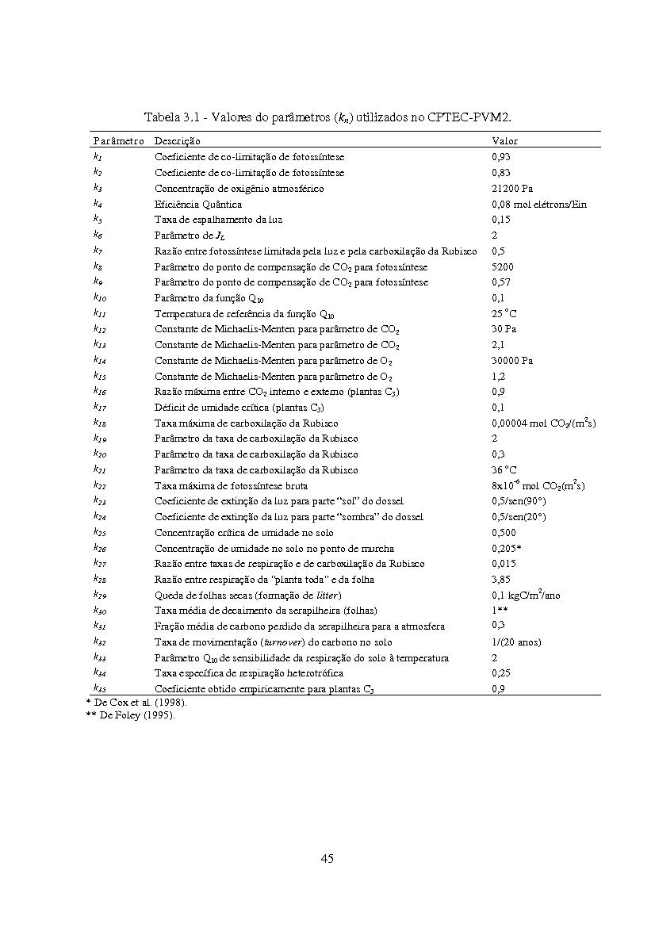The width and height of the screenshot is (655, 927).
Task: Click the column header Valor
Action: click(504, 140)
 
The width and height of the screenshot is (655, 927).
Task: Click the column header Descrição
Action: click(178, 140)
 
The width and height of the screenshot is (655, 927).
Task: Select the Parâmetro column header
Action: click(118, 140)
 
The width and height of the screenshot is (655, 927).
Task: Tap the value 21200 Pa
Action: click(511, 188)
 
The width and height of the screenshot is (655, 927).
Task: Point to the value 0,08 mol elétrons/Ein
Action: click(539, 204)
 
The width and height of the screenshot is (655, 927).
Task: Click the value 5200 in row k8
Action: click(502, 266)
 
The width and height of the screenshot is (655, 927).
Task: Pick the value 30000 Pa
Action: click(511, 360)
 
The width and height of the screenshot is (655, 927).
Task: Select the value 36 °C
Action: click(504, 469)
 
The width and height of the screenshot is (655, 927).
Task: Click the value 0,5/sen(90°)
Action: click(519, 501)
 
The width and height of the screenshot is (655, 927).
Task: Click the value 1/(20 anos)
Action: click(516, 642)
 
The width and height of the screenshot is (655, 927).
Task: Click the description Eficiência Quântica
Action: click(197, 204)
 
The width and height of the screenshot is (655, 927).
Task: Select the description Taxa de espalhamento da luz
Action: click(218, 219)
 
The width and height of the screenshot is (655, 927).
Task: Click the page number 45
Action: click(327, 858)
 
